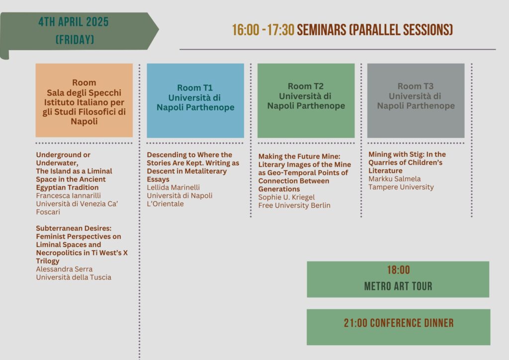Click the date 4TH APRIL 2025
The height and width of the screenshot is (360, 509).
tap(74, 22)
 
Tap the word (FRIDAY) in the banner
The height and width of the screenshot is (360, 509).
tap(75, 40)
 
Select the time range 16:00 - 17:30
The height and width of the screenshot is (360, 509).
tap(263, 30)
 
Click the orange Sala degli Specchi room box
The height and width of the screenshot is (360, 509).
tap(84, 100)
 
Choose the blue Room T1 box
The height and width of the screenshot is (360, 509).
tap(195, 100)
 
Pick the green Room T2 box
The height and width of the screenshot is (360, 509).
tap(306, 100)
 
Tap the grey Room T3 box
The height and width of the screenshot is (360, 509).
tap(416, 100)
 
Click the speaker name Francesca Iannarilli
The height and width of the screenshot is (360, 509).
tap(69, 195)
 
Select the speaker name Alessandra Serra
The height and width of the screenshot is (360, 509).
tap(64, 269)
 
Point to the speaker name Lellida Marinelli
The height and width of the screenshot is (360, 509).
tap(173, 187)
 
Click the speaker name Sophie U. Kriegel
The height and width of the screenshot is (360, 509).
tap(287, 197)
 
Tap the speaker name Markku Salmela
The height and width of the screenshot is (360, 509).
tap(394, 179)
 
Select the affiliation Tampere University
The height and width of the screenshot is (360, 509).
tap(401, 187)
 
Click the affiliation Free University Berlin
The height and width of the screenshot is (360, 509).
tap(294, 205)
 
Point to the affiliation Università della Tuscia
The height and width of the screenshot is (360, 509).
tap(74, 277)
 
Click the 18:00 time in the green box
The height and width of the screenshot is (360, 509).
tap(398, 270)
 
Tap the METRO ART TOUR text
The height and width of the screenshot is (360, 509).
tap(398, 286)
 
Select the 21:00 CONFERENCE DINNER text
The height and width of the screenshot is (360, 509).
tap(399, 323)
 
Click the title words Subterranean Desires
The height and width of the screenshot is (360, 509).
tap(74, 228)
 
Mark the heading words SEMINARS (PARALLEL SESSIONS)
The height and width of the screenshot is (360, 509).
tap(375, 30)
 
